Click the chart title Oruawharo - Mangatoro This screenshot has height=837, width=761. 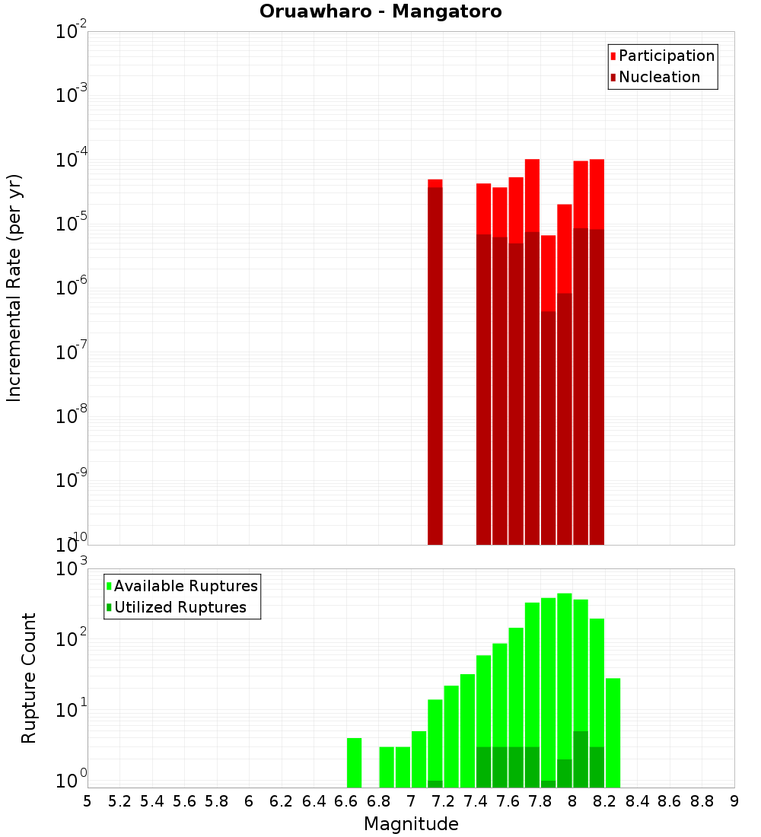click(x=380, y=12)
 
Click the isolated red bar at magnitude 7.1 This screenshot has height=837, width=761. click(x=435, y=365)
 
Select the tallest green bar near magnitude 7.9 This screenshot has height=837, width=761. click(x=565, y=685)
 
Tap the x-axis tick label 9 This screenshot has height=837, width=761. click(x=734, y=801)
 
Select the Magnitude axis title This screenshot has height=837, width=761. click(x=411, y=824)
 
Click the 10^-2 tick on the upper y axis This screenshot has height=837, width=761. click(x=72, y=32)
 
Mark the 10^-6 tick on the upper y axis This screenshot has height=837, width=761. click(x=72, y=288)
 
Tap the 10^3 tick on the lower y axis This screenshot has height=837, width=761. click(x=72, y=568)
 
